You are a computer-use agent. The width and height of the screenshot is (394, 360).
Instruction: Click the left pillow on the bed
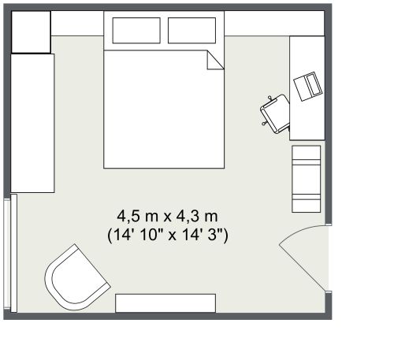136,31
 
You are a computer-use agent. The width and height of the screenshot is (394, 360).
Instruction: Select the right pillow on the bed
191,31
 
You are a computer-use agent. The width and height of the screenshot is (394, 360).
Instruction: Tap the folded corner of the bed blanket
215,60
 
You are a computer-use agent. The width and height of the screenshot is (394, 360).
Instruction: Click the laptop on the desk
307,86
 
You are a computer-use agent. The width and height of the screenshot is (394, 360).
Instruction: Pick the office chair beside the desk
275,114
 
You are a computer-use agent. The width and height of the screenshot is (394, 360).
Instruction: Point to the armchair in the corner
76,278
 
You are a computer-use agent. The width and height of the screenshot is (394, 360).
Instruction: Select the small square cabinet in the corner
31,32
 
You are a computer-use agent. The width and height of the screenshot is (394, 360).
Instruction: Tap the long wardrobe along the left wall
32,123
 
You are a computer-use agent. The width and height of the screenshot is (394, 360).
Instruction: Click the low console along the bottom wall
165,303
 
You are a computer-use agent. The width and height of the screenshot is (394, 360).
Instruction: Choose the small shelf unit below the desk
307,179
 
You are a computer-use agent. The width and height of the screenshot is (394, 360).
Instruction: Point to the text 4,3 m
197,217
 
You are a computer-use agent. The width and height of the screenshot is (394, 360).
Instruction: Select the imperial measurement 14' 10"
136,235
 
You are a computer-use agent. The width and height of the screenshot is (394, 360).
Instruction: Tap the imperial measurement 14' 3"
203,235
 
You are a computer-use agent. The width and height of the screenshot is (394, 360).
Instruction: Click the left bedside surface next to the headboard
77,24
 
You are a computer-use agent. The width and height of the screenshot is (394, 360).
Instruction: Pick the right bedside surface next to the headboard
274,24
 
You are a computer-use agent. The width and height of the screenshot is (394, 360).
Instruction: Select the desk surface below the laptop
307,121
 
